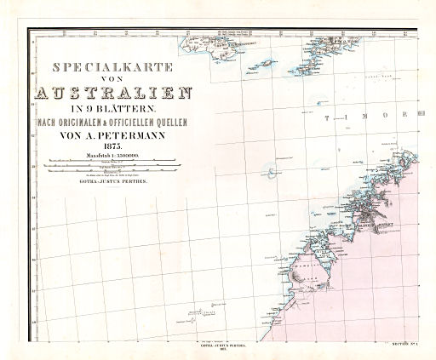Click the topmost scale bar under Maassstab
coord(106,161)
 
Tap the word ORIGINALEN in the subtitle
coord(77,123)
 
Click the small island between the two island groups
coord(266,64)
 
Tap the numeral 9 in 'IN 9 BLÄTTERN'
coord(85,110)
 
